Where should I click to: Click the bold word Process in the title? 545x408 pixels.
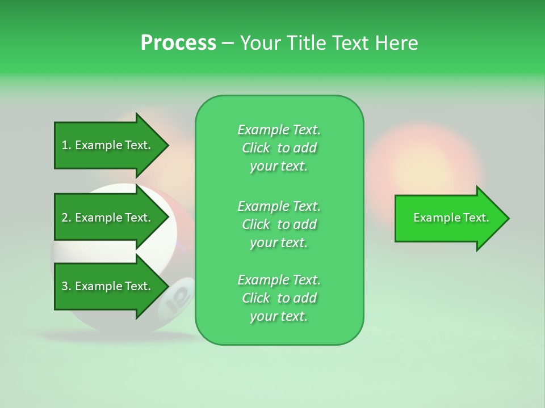pyautogui.click(x=178, y=43)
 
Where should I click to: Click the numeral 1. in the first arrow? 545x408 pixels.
pyautogui.click(x=66, y=145)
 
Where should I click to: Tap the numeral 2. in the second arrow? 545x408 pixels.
pyautogui.click(x=66, y=218)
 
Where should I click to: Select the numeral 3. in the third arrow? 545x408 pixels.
pyautogui.click(x=66, y=286)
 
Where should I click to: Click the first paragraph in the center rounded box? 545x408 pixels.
pyautogui.click(x=279, y=148)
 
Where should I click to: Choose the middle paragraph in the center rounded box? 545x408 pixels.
pyautogui.click(x=279, y=224)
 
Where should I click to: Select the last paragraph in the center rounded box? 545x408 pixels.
pyautogui.click(x=279, y=298)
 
